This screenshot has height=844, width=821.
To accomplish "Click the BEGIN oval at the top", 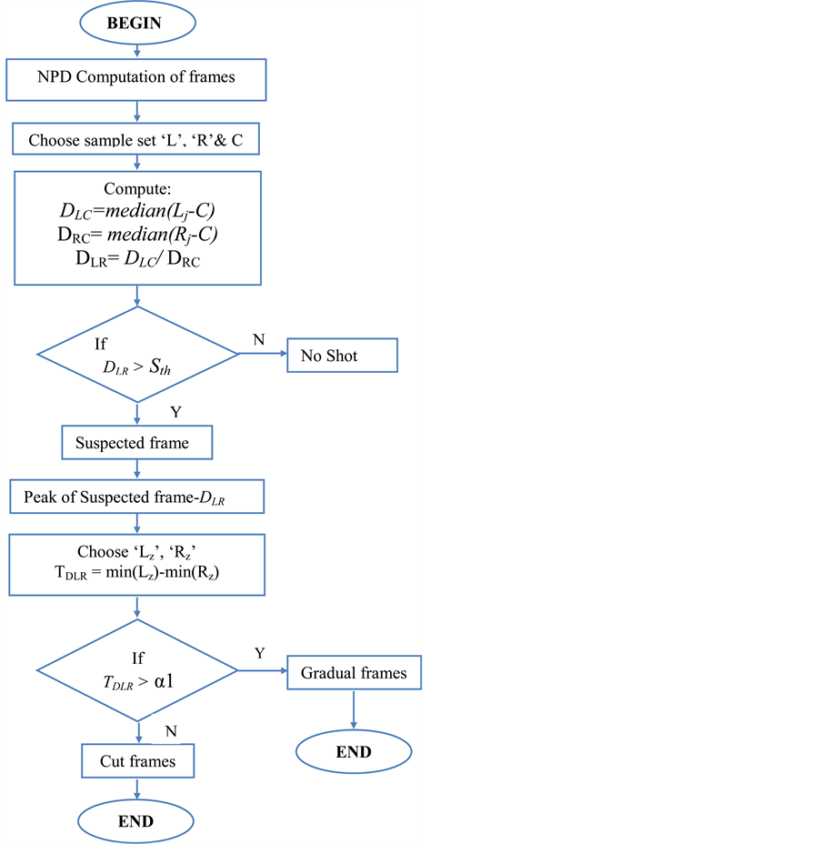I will click(136, 24).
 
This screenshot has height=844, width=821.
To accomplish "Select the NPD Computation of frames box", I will click(136, 78).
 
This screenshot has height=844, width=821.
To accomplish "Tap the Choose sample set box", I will click(136, 141).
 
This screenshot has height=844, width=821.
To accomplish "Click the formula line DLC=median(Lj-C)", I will click(136, 210).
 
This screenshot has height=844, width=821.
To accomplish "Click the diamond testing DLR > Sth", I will click(136, 355).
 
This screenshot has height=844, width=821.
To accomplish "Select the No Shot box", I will click(343, 356).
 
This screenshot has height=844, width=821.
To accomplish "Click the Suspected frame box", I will click(137, 443).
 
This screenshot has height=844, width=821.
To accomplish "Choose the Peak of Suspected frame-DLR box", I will click(136, 497).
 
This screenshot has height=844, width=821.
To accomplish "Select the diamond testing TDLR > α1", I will click(136, 671).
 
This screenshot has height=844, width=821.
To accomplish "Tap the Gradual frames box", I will click(355, 674).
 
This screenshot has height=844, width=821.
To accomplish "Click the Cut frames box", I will click(137, 761).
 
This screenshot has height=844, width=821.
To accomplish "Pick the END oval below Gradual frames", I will click(354, 751).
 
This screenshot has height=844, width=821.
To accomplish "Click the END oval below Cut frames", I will click(136, 821).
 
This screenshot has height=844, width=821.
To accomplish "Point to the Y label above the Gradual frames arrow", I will click(260, 653).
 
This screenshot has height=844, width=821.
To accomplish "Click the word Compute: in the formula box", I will click(136, 189).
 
